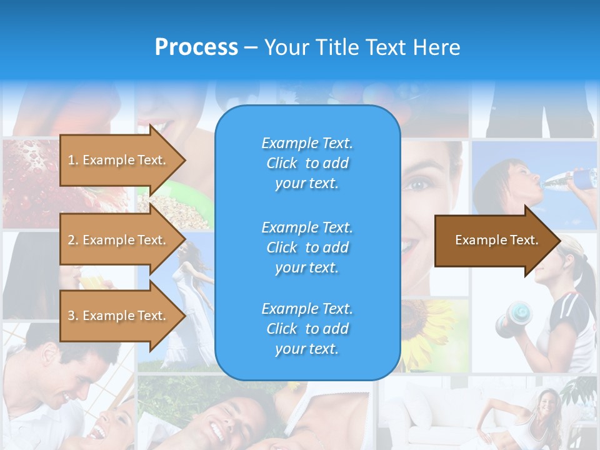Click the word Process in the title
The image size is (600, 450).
tap(196, 47)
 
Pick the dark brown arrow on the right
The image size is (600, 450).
tap(494, 241)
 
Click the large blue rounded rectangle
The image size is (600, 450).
tap(307, 244)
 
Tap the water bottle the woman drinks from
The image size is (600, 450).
tap(572, 179)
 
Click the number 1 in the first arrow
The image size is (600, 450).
tap(71, 160)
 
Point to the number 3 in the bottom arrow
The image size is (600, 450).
tap(71, 316)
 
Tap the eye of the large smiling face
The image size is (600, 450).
tap(417, 184)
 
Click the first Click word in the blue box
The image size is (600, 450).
tap(281, 164)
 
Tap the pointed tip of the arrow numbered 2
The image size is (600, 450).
tap(184, 240)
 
